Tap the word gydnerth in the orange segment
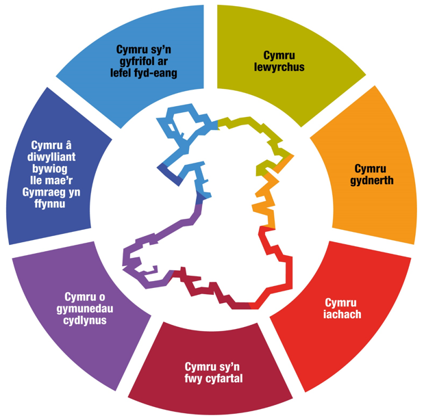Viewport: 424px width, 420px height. click(373, 181)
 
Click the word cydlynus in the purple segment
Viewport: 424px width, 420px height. click(86, 320)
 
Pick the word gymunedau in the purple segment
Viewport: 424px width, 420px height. click(86, 309)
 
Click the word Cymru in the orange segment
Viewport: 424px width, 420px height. click(373, 168)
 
